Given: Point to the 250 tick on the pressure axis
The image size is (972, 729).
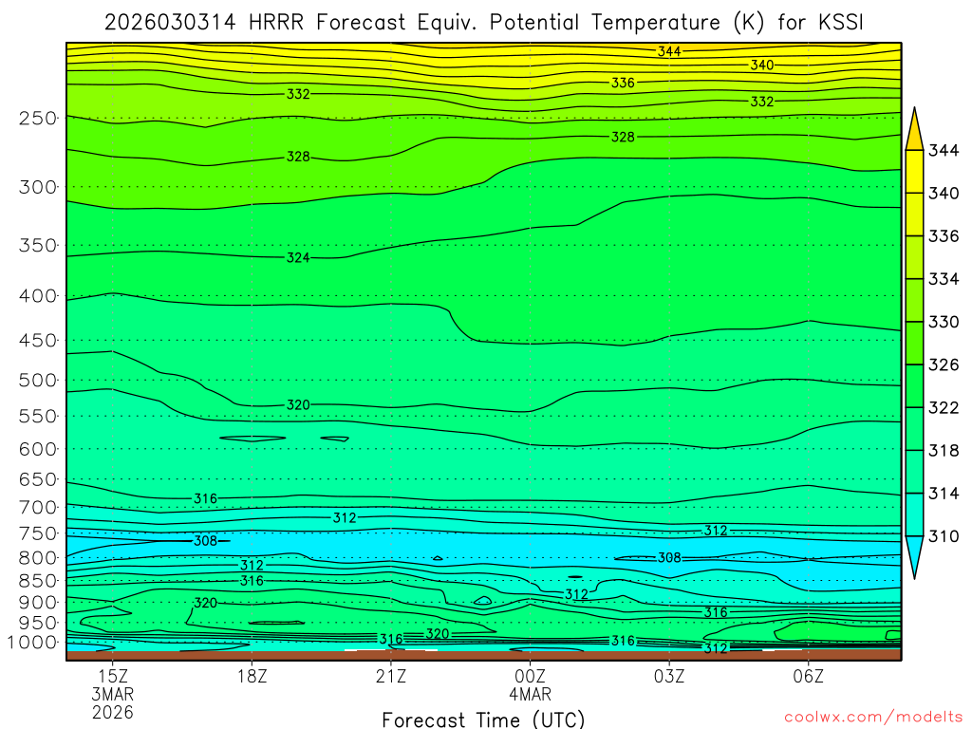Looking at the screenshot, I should [x=37, y=119].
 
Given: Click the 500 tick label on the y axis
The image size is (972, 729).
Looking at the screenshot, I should [x=37, y=381].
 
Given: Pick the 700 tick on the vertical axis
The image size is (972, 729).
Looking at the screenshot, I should [x=37, y=508].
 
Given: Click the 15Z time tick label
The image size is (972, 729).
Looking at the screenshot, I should [x=113, y=677].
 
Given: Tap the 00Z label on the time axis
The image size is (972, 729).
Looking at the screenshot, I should [x=530, y=677].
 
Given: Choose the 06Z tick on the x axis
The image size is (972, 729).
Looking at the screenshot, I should [x=808, y=677].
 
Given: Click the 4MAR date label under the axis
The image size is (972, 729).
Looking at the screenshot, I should [x=530, y=695].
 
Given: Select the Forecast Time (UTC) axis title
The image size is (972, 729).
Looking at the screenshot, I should [x=483, y=719].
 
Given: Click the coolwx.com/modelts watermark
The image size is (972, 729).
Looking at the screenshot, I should [x=872, y=717].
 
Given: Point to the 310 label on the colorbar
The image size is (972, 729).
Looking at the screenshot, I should [x=943, y=536].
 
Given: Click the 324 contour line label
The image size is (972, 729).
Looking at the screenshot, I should [x=298, y=258].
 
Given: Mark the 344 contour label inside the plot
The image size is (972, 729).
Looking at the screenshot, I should [x=669, y=51].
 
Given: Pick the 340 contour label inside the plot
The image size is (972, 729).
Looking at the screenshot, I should [x=761, y=65].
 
